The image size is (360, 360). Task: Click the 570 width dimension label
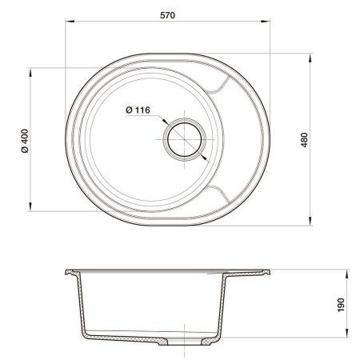coord(168,14)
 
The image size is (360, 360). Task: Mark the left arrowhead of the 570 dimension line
coord(67,25)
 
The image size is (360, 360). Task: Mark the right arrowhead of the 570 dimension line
coord(270,25)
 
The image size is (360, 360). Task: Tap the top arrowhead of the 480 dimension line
coord(310,57)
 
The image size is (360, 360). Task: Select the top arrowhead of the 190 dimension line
coord(347,272)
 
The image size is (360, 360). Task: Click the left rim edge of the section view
coord(67,272)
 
